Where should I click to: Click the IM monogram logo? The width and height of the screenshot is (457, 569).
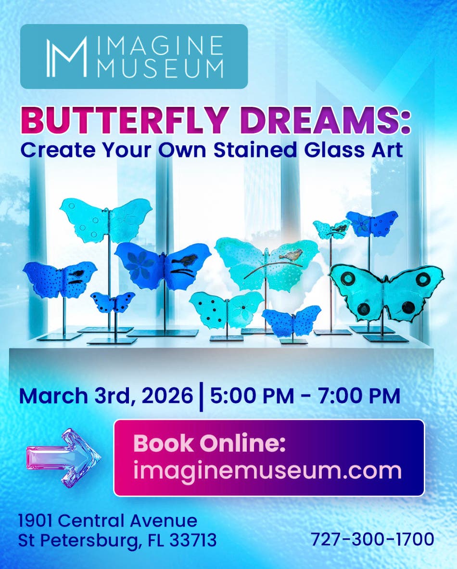[x=66, y=56]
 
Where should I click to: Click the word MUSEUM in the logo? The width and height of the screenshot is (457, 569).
[x=160, y=68]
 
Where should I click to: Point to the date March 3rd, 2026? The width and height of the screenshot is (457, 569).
[x=106, y=396]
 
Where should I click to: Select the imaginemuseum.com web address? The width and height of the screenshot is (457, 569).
[x=267, y=470]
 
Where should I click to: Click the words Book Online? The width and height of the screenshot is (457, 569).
[x=209, y=443]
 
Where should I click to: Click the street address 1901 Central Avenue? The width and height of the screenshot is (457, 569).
[x=108, y=520]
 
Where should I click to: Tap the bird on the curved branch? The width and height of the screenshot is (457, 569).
[x=293, y=254]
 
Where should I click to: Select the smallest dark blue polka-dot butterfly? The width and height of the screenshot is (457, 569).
[x=113, y=302]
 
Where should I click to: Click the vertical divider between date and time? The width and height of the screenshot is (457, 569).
[x=201, y=397]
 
